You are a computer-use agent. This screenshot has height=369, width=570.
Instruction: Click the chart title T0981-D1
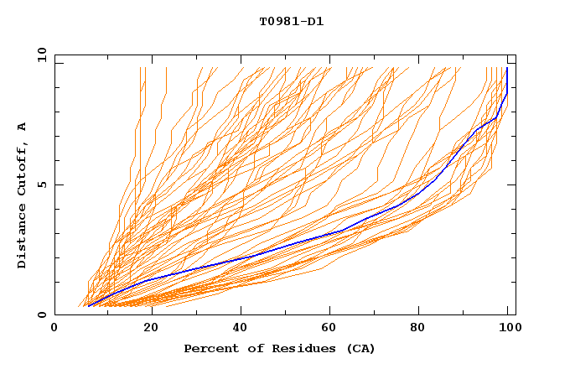point(291,22)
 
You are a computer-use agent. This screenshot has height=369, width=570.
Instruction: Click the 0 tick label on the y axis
point(42,315)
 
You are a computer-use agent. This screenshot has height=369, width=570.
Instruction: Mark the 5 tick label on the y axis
point(42,185)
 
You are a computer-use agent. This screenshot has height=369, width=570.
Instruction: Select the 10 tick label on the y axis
point(39,55)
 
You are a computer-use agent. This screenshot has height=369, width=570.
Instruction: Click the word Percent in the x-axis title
point(210,348)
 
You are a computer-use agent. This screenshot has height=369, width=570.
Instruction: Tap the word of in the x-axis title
point(249,348)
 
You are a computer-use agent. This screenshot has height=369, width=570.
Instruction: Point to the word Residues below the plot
point(297,348)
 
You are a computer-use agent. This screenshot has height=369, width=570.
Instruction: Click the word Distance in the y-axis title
point(23,238)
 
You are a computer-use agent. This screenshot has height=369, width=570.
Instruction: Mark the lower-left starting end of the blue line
point(88,306)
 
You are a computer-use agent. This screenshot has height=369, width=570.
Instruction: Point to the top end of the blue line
point(507,69)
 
